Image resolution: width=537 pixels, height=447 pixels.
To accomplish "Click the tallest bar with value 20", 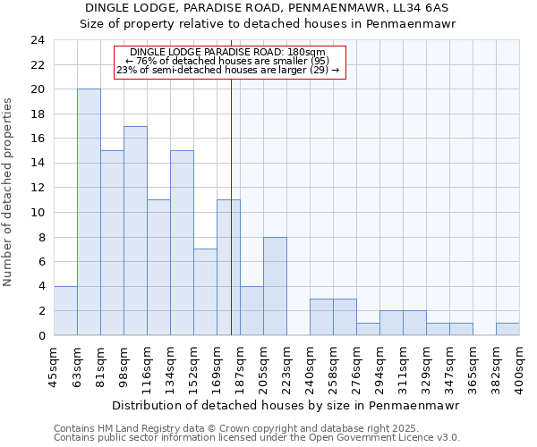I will coord(89,212).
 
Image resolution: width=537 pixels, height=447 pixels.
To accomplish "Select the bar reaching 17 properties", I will coord(135,231).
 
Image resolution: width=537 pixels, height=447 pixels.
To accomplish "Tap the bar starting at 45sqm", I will coord(65,310).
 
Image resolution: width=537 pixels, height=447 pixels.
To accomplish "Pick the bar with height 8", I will coord(275,286).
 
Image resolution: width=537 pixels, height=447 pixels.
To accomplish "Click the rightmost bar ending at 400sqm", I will coord(507,329).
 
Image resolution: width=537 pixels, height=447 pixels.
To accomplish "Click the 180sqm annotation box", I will coord(228,63).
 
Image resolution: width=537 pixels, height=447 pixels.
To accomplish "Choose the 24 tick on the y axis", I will coord(37,40).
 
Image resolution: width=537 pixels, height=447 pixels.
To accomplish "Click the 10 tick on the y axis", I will coord(37,213).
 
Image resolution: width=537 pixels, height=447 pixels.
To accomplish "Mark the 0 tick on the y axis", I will coord(40,336).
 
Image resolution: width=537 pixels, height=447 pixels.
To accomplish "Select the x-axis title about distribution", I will coord(286,405).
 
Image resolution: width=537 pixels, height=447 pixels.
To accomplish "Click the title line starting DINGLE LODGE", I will coord(268,8).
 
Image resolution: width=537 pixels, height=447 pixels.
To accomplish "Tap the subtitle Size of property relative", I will coord(268,24).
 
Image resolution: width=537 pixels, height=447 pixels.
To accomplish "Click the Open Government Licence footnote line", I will coord(257,438).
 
